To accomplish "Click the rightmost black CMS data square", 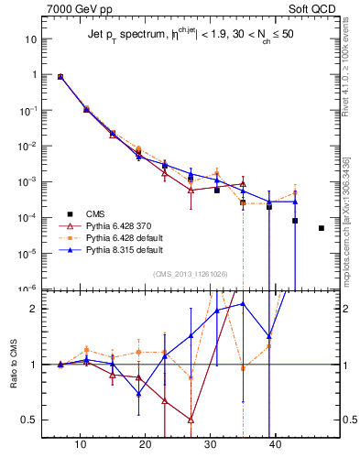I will (x=322, y=228).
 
